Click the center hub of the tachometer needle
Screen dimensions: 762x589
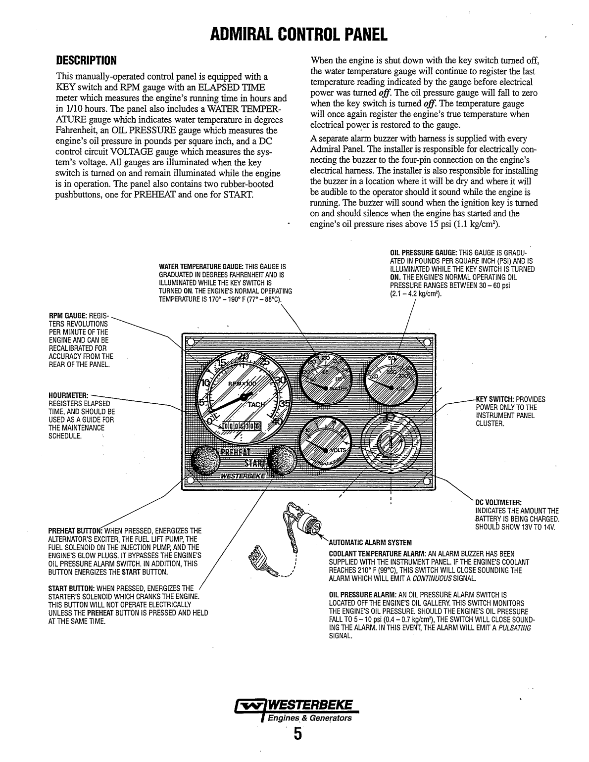pyautogui.click(x=245, y=397)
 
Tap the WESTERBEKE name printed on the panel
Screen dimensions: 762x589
pyautogui.click(x=243, y=476)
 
